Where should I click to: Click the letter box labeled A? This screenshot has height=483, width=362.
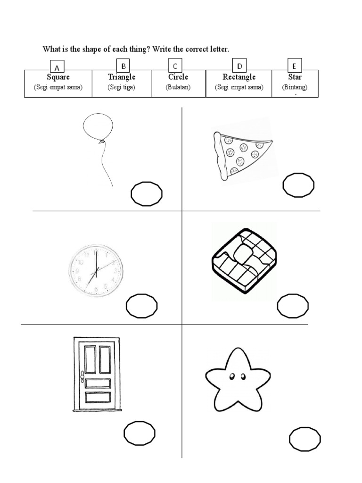58,67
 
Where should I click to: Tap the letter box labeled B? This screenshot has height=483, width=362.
123,66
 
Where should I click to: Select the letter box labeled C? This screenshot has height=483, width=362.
175,66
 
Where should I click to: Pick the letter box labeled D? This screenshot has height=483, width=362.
239,66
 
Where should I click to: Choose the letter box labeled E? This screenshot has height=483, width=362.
294,66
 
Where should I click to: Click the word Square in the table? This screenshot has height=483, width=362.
58,77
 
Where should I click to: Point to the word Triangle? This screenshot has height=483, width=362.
122,77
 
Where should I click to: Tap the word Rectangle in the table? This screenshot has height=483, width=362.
239,77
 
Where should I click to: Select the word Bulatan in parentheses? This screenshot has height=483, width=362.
178,87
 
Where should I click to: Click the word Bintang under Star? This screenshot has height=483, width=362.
295,87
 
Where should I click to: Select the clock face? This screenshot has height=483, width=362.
97,270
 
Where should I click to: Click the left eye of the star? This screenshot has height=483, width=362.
232,376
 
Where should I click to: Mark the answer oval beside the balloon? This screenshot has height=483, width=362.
147,194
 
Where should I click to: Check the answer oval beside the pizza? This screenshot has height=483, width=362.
298,184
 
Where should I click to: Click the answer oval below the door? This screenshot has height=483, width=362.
140,433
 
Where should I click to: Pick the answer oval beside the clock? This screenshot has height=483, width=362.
142,306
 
